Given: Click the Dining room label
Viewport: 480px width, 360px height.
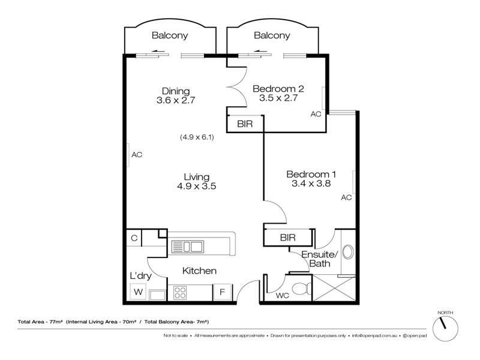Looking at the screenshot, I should point(176,91).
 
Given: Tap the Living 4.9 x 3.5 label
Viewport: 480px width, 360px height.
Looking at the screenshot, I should point(196,181).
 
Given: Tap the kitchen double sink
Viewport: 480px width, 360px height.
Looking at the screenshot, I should point(188,246).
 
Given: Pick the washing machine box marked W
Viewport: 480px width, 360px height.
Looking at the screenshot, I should point(139,292).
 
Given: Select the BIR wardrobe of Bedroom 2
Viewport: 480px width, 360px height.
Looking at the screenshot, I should point(245,124).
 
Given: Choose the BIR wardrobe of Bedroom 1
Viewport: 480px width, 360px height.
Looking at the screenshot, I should point(288,238).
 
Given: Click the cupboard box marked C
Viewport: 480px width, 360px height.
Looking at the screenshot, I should point(134,238).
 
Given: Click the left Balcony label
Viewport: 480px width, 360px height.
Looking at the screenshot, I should point(170,35).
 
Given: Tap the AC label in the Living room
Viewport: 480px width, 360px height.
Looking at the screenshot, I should point(137,155).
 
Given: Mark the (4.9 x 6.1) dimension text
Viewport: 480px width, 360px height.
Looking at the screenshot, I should point(197,137).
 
